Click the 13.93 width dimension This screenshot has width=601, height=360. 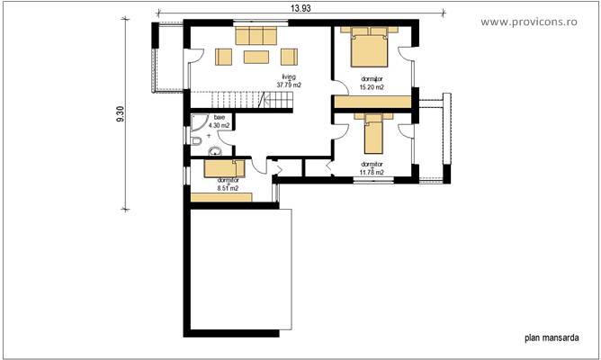tap(300, 8)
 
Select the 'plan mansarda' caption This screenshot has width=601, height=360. tap(551, 338)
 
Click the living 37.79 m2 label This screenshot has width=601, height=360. tap(288, 82)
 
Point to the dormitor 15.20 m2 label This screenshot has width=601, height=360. tap(372, 83)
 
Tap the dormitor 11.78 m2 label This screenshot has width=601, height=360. tap(372, 168)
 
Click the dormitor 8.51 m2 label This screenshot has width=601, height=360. tap(227, 184)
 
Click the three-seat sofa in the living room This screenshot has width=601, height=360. tap(256, 35)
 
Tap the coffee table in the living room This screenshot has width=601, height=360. tap(256, 58)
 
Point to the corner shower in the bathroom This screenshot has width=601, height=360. tap(199, 121)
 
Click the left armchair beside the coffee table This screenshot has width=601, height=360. tap(223, 58)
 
